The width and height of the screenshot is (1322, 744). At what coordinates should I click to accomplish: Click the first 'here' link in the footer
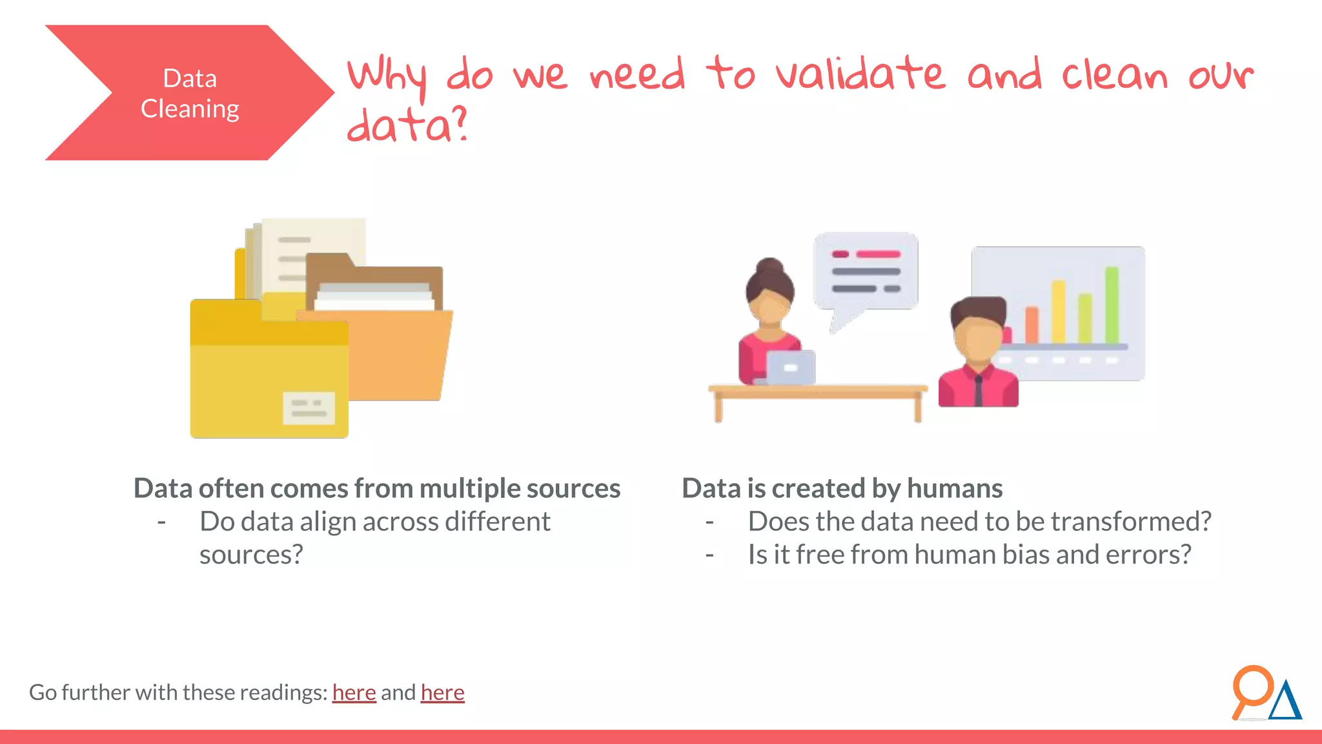pos(354,692)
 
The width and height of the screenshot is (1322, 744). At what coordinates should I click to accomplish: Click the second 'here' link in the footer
pos(442,692)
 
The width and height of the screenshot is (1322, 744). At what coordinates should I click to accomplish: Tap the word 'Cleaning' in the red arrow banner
pos(190,108)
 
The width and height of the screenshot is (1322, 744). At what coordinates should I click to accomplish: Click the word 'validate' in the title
pos(860,74)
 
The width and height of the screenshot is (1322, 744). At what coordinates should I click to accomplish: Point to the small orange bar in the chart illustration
pos(1032,325)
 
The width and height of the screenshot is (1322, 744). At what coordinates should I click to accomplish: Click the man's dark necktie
pos(979,391)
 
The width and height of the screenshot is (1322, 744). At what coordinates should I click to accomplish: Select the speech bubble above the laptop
pos(866,273)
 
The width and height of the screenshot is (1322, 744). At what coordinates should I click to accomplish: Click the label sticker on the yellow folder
pos(309,408)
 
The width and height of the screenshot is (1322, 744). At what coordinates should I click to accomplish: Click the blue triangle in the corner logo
pos(1286,702)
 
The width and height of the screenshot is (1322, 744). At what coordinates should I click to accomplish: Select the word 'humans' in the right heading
pos(954,489)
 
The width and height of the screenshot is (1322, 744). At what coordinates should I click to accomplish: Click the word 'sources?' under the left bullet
pos(251,555)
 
